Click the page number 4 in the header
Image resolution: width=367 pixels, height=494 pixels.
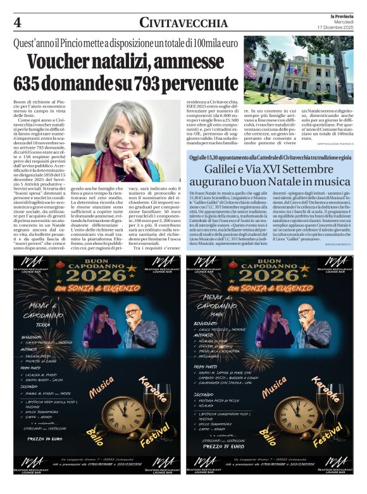coord(17,23)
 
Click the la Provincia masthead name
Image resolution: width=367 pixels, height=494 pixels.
coord(340,15)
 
